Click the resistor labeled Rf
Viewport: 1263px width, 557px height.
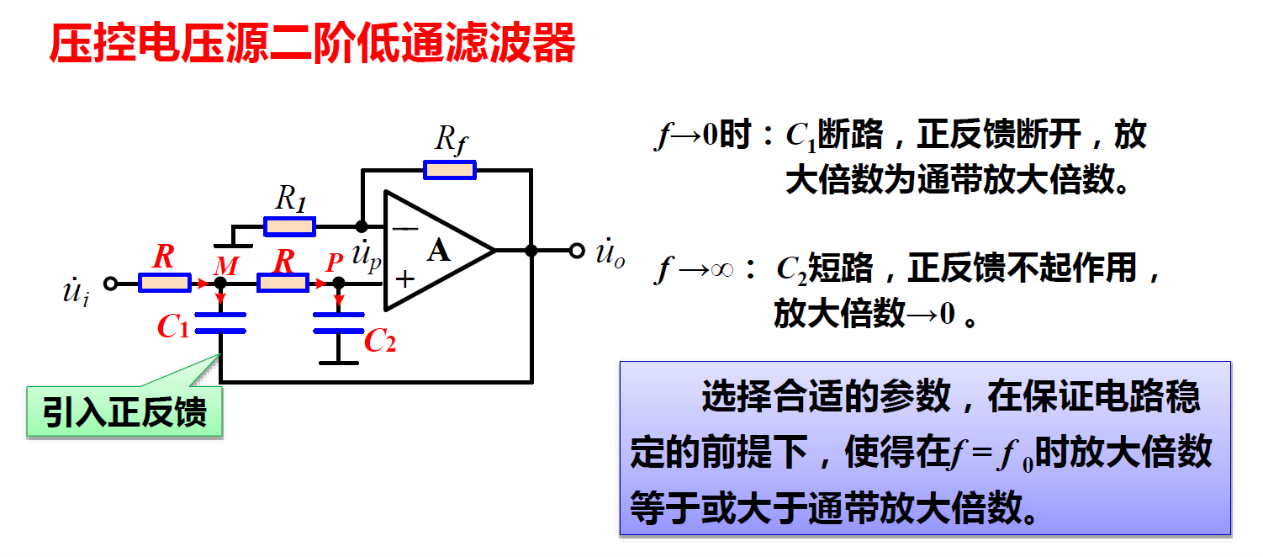click(x=450, y=170)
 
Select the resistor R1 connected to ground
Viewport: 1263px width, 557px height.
click(x=289, y=226)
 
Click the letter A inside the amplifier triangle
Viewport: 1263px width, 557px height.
click(x=438, y=250)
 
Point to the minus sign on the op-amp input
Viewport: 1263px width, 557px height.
click(x=405, y=227)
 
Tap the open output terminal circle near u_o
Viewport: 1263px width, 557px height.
click(x=576, y=250)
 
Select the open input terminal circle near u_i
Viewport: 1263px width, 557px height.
click(x=109, y=284)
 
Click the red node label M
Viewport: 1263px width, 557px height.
click(x=225, y=267)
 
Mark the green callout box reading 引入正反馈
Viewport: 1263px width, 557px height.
click(x=124, y=413)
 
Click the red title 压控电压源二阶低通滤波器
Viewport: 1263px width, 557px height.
click(x=312, y=44)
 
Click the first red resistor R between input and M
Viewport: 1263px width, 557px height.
click(x=164, y=284)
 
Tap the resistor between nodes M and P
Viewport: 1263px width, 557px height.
click(x=283, y=284)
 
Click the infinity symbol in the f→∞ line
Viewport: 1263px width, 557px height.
click(x=721, y=270)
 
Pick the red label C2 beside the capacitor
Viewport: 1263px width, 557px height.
click(x=379, y=340)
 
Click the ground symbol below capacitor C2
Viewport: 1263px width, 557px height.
click(x=338, y=362)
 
